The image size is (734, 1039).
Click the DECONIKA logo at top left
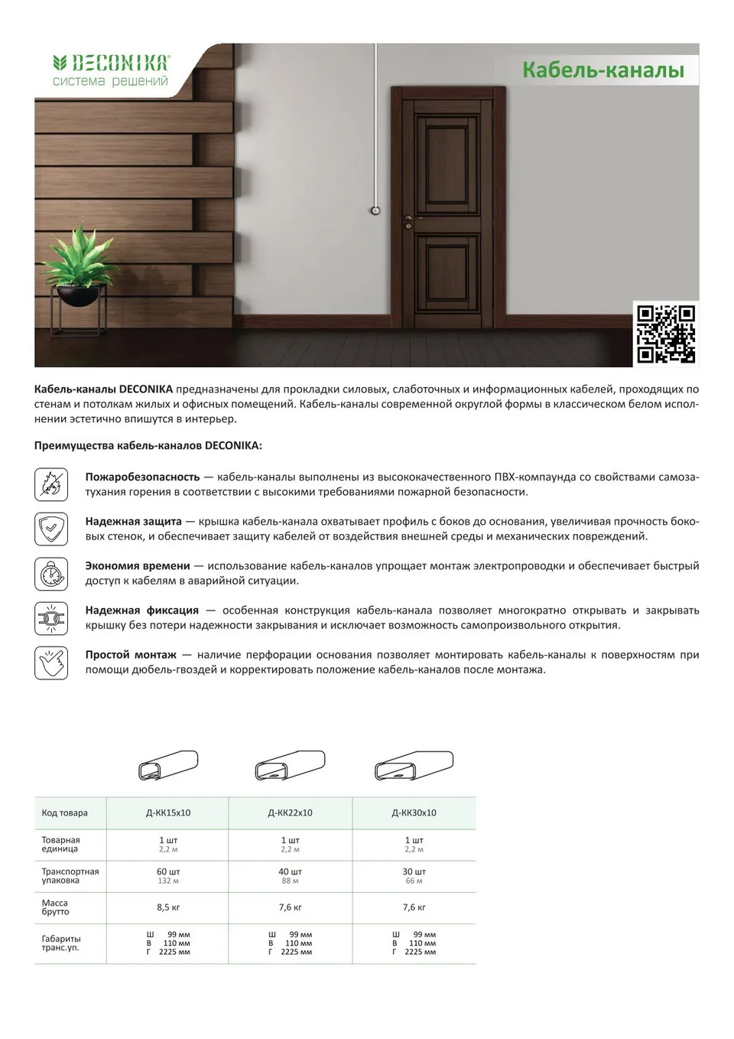[x=110, y=70]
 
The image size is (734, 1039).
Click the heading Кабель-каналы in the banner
[x=602, y=70]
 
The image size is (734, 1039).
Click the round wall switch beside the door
[x=375, y=210]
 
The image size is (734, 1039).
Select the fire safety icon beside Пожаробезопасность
[x=51, y=484]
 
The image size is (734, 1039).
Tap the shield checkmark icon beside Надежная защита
[x=51, y=529]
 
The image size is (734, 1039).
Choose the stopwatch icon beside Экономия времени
[x=51, y=573]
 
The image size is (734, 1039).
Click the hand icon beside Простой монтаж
[x=51, y=663]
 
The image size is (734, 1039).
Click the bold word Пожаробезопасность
[x=142, y=477]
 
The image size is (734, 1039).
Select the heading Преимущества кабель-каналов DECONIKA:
[x=148, y=445]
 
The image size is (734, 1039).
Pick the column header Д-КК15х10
[x=168, y=813]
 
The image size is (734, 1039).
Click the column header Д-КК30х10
[x=414, y=813]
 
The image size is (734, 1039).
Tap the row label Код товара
[x=65, y=813]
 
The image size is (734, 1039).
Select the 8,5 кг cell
[x=168, y=907]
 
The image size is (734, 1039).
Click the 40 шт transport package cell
[x=290, y=872]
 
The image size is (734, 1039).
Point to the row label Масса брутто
[x=55, y=907]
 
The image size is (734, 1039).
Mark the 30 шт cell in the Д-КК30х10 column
[x=414, y=872]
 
